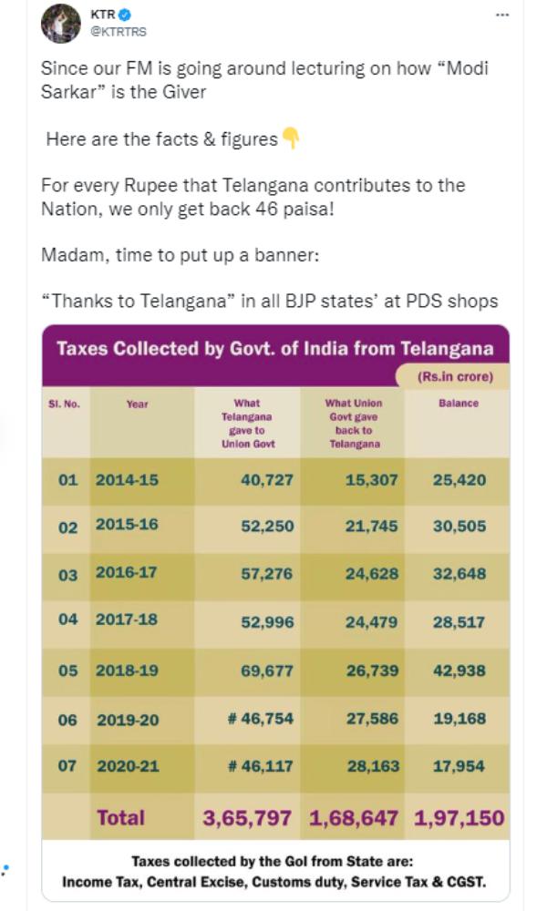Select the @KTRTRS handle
[118, 32]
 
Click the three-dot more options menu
[502, 15]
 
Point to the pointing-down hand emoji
[290, 139]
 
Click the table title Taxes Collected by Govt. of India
[275, 348]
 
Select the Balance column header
[458, 403]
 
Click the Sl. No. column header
[64, 403]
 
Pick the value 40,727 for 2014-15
[266, 479]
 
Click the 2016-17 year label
[127, 574]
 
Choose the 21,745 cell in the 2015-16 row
[371, 527]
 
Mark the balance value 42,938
[459, 670]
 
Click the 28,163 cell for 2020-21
[371, 766]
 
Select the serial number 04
[67, 619]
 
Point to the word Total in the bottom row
[120, 817]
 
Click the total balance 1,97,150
[459, 817]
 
